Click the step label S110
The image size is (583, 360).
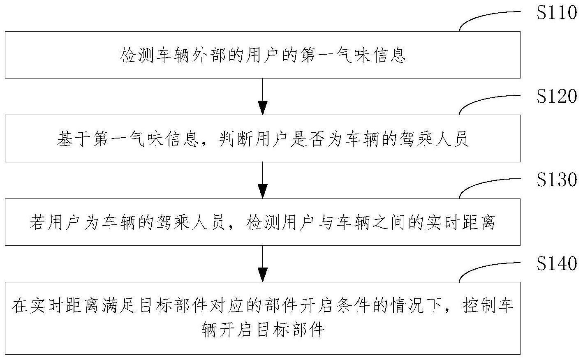[x=557, y=13]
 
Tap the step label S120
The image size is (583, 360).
[x=557, y=97]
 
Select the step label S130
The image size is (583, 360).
[x=557, y=180]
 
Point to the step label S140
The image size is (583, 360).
[x=557, y=264]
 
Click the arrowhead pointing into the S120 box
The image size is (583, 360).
[x=262, y=108]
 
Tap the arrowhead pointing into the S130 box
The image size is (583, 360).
[x=262, y=192]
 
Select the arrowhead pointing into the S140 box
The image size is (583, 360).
[x=262, y=275]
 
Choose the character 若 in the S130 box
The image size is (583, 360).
[x=37, y=223]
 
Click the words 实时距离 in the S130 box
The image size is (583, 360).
[x=463, y=223]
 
